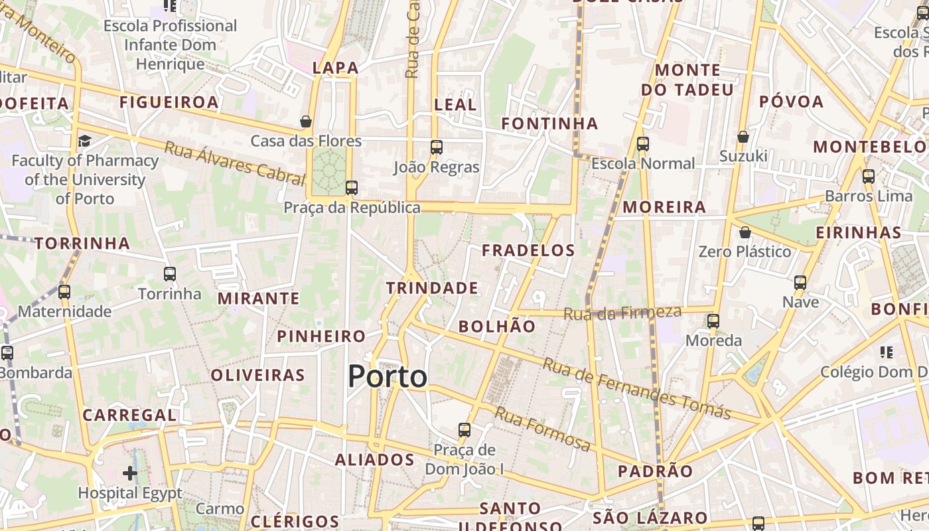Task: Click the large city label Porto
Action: (388, 376)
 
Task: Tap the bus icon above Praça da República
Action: (352, 188)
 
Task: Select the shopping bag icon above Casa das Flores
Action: (306, 121)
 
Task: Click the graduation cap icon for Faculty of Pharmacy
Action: (84, 141)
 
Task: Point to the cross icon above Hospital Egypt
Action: (130, 473)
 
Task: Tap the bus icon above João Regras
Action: (436, 147)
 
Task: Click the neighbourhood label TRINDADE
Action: (432, 288)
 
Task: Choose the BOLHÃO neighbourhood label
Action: (497, 327)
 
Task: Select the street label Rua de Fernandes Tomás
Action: (637, 389)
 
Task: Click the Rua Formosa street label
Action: (542, 429)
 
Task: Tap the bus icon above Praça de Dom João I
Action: (464, 430)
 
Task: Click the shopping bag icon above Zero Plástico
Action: (745, 232)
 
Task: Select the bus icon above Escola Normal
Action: (642, 144)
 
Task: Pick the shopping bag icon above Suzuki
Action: (743, 137)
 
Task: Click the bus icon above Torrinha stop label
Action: (170, 273)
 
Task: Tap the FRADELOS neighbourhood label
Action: (528, 250)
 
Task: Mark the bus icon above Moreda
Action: (713, 321)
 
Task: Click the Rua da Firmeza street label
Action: (622, 313)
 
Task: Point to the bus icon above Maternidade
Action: (64, 291)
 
